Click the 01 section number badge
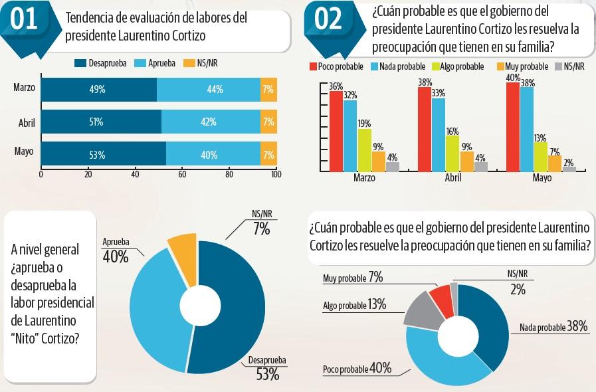pos(25,21)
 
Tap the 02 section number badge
pos(328,21)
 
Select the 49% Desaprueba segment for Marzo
pos(99,90)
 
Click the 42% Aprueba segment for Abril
pos(211,122)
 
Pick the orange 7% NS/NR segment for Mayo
pos(268,154)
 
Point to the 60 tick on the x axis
pos(183,175)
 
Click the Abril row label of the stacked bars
pos(27,122)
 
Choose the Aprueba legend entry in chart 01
pos(157,63)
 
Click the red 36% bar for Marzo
pos(336,130)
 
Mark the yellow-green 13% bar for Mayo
pos(540,155)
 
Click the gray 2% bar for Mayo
pos(569,169)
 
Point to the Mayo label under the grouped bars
pos(542,179)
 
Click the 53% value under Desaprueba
pos(267,375)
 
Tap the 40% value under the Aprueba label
pos(116,256)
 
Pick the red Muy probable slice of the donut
pos(441,297)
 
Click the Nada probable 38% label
pos(553,327)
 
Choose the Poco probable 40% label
pos(357,369)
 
